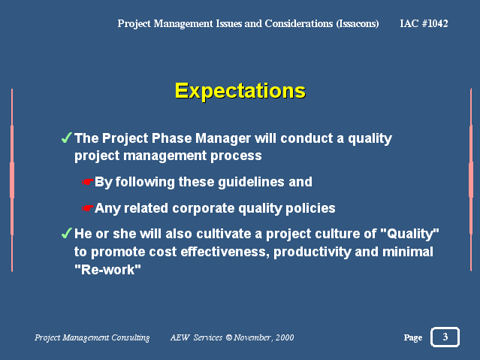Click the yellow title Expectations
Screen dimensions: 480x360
point(240,91)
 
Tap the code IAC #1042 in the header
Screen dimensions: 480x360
point(424,23)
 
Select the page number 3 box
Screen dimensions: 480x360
point(445,337)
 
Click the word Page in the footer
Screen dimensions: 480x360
point(413,338)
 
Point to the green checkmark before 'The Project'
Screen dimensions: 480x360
point(67,138)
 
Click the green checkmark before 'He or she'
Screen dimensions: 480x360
point(67,233)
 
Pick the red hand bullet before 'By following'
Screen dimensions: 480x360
point(87,182)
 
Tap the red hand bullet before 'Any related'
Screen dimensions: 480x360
point(87,208)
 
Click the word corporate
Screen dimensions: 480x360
point(204,209)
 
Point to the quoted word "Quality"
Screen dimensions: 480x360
point(409,234)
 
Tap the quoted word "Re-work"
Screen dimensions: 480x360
point(107,270)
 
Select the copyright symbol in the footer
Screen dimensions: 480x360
point(229,337)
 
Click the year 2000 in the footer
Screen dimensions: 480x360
point(285,337)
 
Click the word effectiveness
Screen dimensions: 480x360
point(225,252)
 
